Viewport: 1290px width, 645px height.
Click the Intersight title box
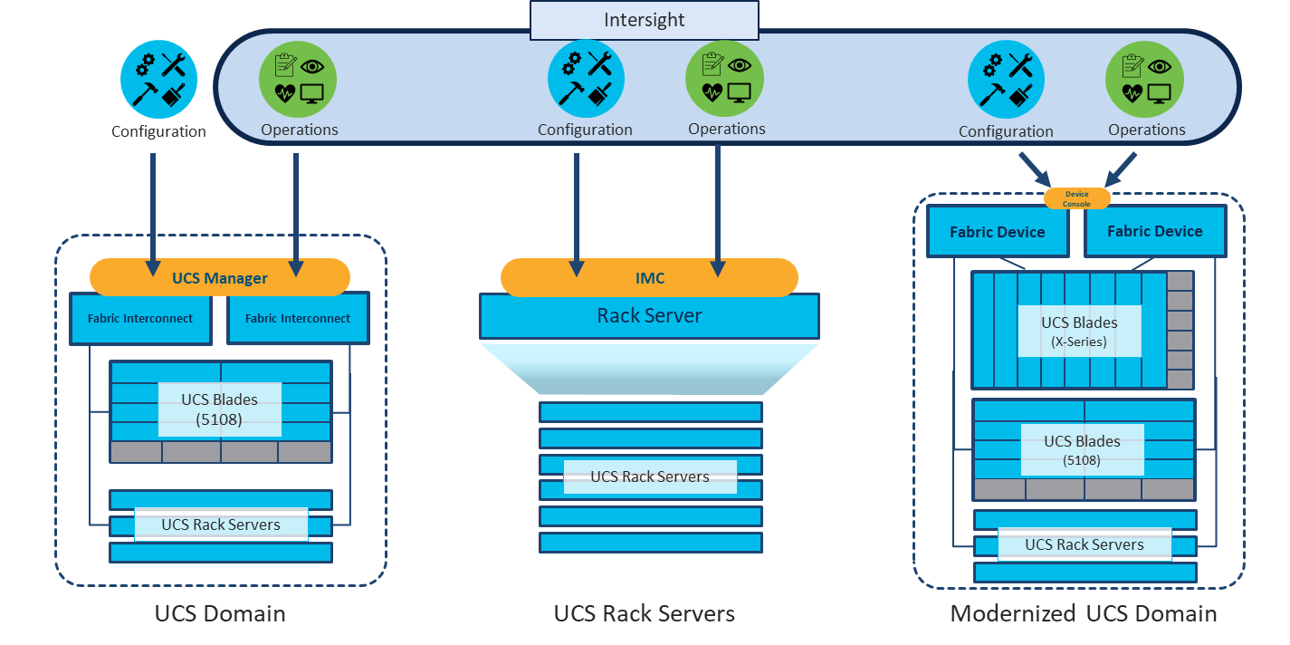coord(644,20)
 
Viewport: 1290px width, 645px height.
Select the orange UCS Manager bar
coord(220,277)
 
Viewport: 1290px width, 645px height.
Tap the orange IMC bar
coord(649,277)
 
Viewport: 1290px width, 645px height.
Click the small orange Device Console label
coord(1076,199)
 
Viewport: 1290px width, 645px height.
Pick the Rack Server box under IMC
coord(649,316)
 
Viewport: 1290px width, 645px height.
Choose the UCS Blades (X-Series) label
coord(1079,331)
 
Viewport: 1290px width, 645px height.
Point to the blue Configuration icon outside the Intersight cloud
coord(158,80)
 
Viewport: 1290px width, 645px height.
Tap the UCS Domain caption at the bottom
coord(220,613)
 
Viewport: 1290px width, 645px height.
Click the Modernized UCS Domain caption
coord(1083,613)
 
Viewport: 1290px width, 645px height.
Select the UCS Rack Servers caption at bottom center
coord(644,613)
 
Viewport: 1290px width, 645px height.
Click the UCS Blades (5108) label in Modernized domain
coord(1082,449)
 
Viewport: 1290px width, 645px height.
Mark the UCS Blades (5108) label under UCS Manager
coord(219,409)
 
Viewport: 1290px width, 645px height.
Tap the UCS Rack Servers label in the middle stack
coord(649,477)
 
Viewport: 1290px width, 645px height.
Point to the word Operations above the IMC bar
coord(726,129)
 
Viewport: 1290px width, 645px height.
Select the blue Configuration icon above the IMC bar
coord(586,78)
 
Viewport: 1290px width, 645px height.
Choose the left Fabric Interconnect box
coord(140,318)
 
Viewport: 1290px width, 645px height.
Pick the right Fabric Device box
coord(1154,231)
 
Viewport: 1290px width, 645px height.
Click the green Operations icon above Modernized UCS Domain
coord(1145,78)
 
